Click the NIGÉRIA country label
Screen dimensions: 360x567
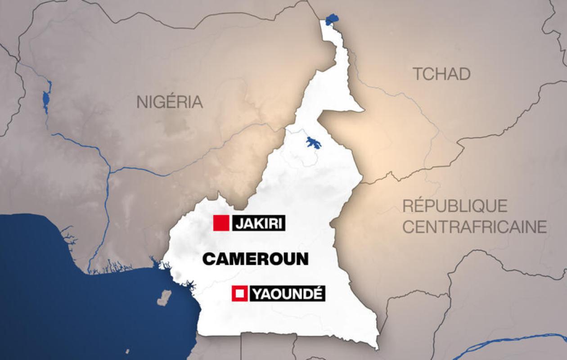pyautogui.click(x=170, y=102)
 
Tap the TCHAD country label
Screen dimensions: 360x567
pyautogui.click(x=442, y=74)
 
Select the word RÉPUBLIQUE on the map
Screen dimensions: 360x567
pyautogui.click(x=455, y=206)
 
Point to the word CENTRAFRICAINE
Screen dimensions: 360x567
pyautogui.click(x=474, y=227)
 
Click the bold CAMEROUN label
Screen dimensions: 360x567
pyautogui.click(x=255, y=259)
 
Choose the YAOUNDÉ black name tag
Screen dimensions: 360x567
pyautogui.click(x=287, y=294)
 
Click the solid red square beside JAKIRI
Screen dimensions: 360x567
pyautogui.click(x=221, y=223)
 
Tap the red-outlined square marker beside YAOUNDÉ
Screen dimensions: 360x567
pyautogui.click(x=239, y=294)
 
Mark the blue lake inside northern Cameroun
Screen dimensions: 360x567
pyautogui.click(x=313, y=143)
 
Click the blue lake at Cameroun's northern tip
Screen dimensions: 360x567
pyautogui.click(x=332, y=19)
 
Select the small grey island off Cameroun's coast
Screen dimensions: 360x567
pyautogui.click(x=165, y=297)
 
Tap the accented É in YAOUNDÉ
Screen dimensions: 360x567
pyautogui.click(x=317, y=294)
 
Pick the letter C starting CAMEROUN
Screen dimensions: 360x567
pyautogui.click(x=208, y=259)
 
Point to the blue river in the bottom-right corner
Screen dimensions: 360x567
pyautogui.click(x=517, y=342)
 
